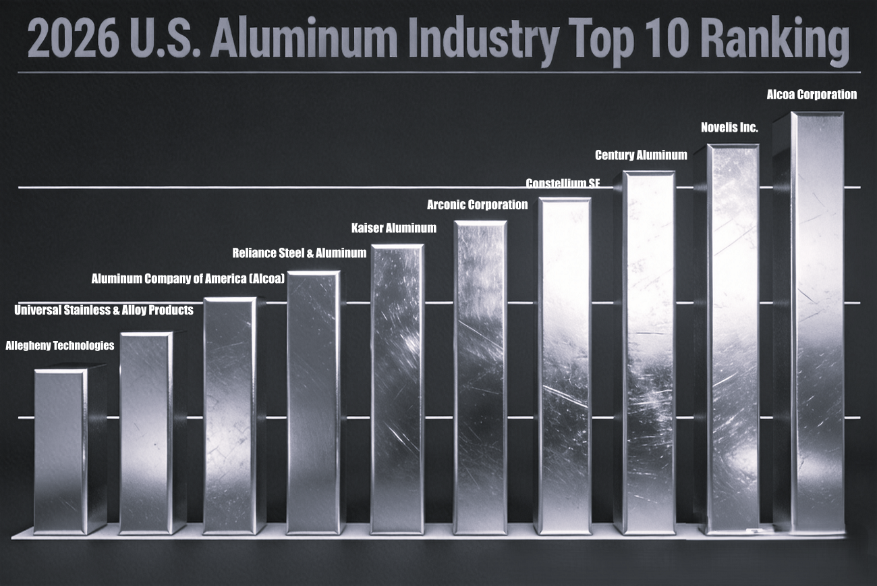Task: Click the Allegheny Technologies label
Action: (60, 346)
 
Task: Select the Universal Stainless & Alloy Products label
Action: (104, 311)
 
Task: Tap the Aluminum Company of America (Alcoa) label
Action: (188, 278)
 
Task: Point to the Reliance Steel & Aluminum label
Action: (299, 253)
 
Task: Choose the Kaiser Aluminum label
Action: (393, 228)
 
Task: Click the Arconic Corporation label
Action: (477, 205)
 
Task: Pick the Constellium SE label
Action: (562, 184)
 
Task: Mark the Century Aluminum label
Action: (640, 155)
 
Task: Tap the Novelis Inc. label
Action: (729, 127)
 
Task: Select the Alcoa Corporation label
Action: (812, 95)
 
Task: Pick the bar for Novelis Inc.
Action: (733, 338)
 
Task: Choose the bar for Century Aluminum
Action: (648, 351)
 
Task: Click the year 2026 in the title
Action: (69, 39)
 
